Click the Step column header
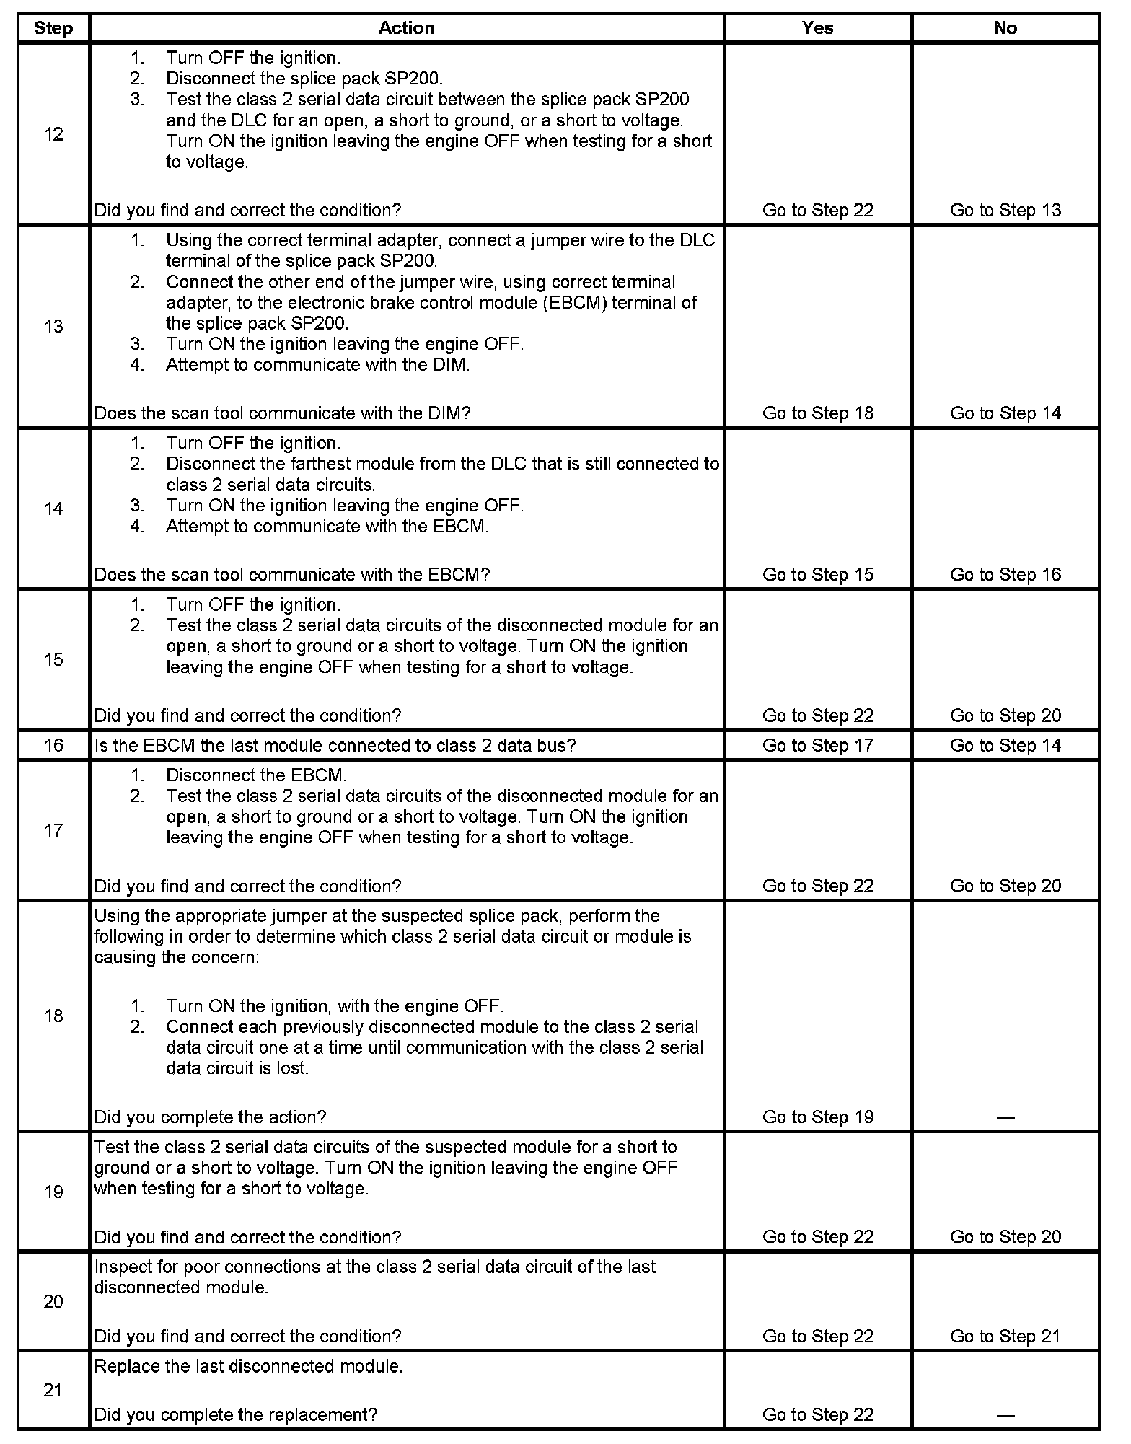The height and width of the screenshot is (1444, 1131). [53, 28]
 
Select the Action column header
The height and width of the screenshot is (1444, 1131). [406, 28]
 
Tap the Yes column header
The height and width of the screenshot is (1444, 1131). [817, 28]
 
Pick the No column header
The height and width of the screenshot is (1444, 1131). [1005, 28]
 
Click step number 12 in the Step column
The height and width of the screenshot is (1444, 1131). [53, 134]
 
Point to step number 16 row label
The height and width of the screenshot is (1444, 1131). [53, 745]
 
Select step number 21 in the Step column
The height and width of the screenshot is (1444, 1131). [53, 1390]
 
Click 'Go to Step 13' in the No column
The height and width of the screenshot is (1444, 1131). [1005, 210]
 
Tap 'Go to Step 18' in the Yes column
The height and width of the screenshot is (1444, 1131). [817, 413]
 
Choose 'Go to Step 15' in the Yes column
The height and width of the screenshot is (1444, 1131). [817, 574]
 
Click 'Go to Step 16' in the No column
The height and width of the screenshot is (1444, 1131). [1005, 574]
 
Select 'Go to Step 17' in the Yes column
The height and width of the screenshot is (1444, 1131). [817, 745]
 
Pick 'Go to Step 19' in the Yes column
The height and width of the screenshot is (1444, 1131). [817, 1117]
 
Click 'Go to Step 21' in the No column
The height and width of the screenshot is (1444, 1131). [1005, 1336]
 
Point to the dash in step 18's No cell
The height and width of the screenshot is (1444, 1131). [1005, 1117]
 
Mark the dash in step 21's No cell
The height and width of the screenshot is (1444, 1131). [1005, 1415]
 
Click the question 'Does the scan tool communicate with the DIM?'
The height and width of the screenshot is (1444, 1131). [282, 413]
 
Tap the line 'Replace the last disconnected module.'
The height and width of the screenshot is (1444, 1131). [248, 1366]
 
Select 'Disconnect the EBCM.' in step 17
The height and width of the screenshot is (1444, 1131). [256, 775]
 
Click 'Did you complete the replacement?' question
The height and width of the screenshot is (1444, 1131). [236, 1414]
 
